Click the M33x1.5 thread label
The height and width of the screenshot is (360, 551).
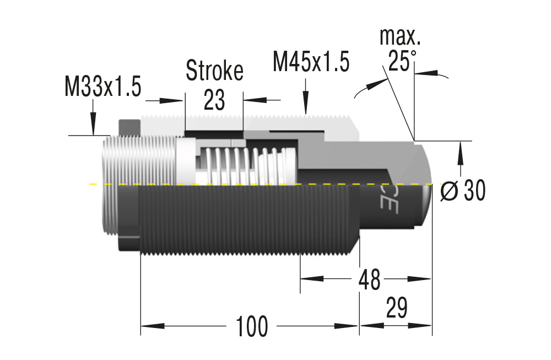click(x=103, y=88)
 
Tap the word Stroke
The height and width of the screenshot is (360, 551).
click(x=214, y=71)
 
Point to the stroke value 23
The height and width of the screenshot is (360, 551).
click(x=214, y=100)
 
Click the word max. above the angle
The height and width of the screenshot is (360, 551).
click(x=400, y=37)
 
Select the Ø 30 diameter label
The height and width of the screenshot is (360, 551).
click(x=463, y=191)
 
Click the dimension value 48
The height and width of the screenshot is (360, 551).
click(x=369, y=280)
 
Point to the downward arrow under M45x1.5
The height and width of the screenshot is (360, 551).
click(x=306, y=102)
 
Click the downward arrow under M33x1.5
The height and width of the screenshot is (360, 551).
click(x=93, y=123)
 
